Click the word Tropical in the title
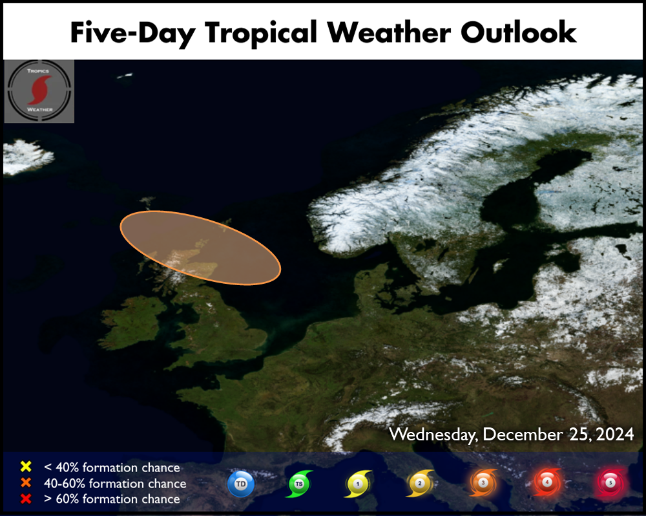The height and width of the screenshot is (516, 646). click(x=261, y=33)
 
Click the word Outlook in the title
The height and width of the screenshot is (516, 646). click(x=518, y=32)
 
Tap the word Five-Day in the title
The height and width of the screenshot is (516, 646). click(x=133, y=33)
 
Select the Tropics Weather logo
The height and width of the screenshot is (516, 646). click(x=39, y=91)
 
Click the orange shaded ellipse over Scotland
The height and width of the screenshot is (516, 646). click(x=200, y=248)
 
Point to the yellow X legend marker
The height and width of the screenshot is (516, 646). click(x=26, y=466)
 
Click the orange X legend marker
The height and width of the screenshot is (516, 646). click(x=26, y=482)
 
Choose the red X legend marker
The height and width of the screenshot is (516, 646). click(x=26, y=499)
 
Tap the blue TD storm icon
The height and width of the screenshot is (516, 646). click(x=241, y=484)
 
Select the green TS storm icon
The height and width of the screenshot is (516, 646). click(x=299, y=484)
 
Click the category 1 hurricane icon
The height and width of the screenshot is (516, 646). click(x=358, y=484)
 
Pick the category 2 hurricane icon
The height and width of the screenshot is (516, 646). click(x=420, y=483)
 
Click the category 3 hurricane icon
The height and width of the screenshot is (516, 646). click(x=483, y=482)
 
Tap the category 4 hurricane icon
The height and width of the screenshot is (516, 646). click(x=547, y=482)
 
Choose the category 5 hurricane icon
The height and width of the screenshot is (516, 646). click(x=610, y=482)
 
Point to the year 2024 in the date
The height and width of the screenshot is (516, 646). click(x=615, y=435)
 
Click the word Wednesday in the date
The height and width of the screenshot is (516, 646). click(x=434, y=435)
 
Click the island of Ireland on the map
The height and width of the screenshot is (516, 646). click(x=131, y=322)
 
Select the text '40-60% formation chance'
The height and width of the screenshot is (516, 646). click(x=115, y=483)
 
